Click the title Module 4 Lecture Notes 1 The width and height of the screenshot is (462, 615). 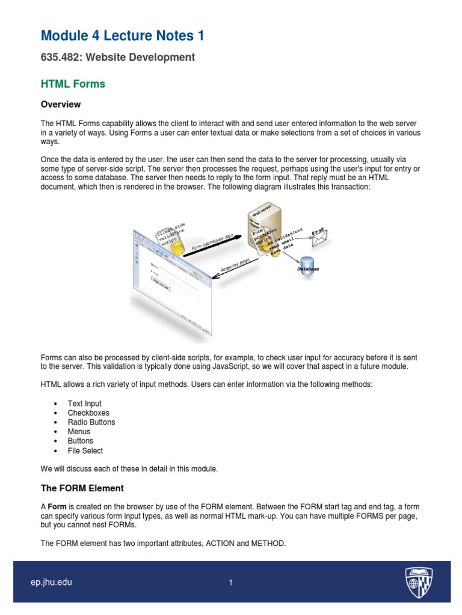pos(122,36)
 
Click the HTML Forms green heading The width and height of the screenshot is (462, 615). pos(73,84)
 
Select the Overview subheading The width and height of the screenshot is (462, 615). pos(61,105)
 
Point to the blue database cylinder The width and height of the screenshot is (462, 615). pos(307,263)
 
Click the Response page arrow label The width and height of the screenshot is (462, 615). pos(236,265)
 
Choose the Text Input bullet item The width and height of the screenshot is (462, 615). pos(84,404)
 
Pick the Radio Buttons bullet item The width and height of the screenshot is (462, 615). pos(91,422)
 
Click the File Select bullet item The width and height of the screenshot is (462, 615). pos(85,450)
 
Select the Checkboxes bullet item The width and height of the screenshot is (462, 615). pos(88,413)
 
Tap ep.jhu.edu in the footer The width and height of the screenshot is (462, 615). pos(51,583)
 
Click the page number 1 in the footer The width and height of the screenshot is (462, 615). pos(230,583)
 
